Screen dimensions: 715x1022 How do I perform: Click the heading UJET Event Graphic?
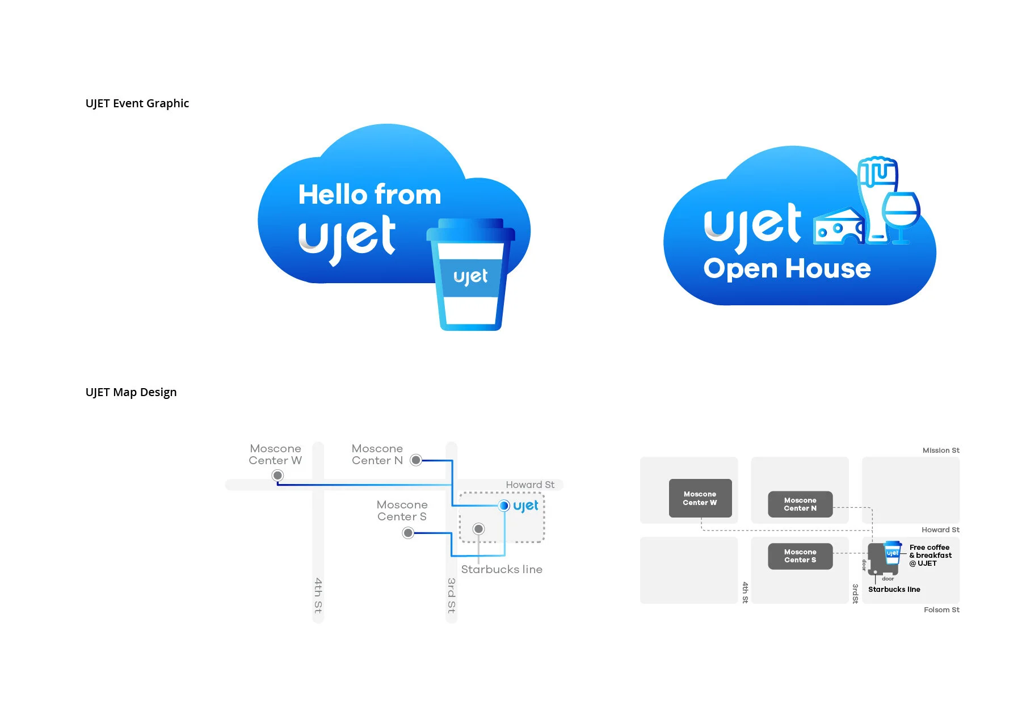coord(137,103)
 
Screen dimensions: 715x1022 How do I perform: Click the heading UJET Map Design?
coord(131,392)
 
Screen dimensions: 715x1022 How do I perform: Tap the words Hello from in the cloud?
coord(369,195)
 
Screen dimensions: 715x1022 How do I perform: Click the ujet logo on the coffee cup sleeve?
coord(470,277)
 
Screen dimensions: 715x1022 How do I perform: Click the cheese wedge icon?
coord(838,226)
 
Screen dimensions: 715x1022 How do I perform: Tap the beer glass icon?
coord(877,196)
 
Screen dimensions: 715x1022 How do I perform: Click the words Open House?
coord(787,268)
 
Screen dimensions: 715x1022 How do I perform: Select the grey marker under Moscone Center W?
coord(277,476)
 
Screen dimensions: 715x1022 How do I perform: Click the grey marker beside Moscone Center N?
coord(416,460)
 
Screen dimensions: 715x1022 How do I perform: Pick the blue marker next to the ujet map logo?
coord(504,506)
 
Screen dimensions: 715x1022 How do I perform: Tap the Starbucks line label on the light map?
coord(502,569)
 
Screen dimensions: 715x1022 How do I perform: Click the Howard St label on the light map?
coord(530,485)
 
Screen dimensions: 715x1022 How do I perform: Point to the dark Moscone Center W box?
coord(700,498)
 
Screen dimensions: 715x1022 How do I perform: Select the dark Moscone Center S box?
coord(800,556)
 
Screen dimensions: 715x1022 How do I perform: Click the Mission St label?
coord(940,451)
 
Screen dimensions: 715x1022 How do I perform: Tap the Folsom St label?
coord(941,610)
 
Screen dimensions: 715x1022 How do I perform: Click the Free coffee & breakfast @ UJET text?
coord(930,556)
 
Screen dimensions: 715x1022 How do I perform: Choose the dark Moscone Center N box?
coord(800,504)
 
